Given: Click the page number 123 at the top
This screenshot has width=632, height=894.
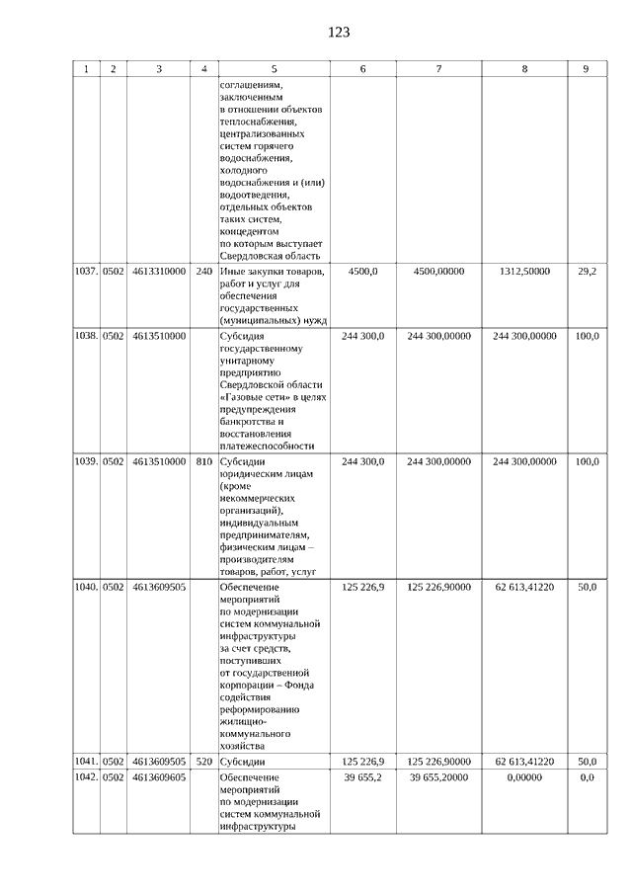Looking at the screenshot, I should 338,33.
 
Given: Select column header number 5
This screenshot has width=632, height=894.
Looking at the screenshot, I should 274,69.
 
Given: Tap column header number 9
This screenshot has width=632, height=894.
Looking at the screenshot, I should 586,69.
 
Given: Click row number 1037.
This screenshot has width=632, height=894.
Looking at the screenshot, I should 86,272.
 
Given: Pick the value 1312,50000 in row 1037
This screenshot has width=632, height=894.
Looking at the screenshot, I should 524,272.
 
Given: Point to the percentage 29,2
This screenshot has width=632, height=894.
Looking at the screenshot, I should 587,272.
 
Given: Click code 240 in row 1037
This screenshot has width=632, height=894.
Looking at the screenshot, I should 204,272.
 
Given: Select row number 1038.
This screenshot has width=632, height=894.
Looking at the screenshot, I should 86,337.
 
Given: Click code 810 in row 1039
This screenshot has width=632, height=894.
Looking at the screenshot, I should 204,461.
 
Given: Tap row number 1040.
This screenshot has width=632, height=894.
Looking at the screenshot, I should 86,587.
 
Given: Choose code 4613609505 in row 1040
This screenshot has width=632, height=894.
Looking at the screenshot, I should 159,587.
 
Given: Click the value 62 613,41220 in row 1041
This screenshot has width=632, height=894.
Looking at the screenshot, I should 524,763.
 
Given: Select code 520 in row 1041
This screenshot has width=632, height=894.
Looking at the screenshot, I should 204,763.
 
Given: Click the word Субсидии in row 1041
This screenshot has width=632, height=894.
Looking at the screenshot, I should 242,763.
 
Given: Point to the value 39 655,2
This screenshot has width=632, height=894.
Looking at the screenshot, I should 363,778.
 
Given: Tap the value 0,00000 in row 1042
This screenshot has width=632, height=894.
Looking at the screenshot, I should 524,778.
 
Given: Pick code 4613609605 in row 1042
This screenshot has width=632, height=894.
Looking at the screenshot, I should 159,778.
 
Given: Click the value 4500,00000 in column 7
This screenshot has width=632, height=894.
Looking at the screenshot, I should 438,272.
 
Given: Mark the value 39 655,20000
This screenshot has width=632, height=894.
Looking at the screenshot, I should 438,778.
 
